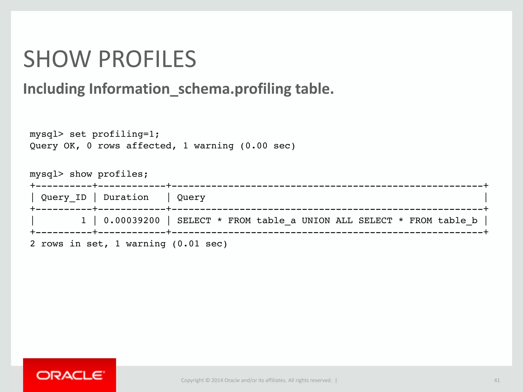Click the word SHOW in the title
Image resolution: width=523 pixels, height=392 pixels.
point(57,59)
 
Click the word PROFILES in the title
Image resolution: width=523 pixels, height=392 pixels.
point(147,59)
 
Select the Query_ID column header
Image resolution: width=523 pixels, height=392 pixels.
point(64,198)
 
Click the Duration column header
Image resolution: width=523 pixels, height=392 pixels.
point(126,198)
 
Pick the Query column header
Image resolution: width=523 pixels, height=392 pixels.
point(191,198)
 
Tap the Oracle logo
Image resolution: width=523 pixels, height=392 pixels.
point(70,375)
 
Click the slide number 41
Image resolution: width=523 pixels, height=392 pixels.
point(497,380)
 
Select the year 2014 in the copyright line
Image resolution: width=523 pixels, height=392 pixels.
point(217,380)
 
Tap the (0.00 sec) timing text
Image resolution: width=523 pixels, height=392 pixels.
point(268,146)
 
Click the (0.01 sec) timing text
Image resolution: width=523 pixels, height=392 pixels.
point(200,244)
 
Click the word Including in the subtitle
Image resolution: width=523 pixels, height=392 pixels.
point(54,89)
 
